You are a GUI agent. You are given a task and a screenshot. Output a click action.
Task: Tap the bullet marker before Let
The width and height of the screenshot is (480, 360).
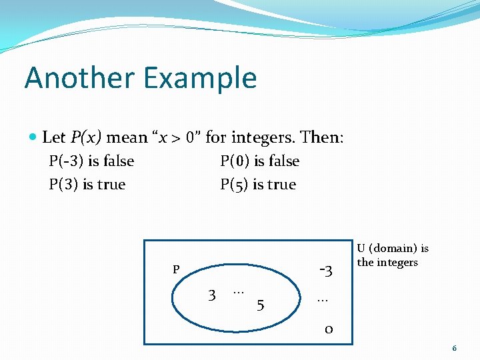[x=33, y=137]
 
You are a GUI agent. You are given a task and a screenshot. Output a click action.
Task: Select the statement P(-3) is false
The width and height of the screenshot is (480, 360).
[x=91, y=161]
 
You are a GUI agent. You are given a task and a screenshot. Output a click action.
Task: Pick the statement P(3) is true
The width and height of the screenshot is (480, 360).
[x=87, y=185]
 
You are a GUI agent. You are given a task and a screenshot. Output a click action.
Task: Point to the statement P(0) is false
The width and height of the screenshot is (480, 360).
[x=259, y=161]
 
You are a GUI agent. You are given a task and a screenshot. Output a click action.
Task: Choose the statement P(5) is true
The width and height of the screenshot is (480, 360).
[x=258, y=185]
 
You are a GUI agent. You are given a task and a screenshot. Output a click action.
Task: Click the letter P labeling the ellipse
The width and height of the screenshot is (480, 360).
[x=176, y=270]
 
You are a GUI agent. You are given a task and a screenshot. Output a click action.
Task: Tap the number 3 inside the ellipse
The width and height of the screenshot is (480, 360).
[x=211, y=295]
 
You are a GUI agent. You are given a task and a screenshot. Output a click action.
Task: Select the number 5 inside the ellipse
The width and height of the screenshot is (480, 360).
[x=261, y=305]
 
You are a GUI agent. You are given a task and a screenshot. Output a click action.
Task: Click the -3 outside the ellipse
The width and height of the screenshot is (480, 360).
[x=326, y=271]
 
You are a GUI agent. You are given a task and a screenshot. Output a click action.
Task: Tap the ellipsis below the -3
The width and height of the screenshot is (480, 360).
[x=323, y=299]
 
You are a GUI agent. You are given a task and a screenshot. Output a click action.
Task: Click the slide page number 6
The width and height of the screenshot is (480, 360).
[x=454, y=348]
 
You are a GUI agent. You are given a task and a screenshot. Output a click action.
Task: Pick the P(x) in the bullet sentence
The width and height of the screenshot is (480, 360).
[x=85, y=138]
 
